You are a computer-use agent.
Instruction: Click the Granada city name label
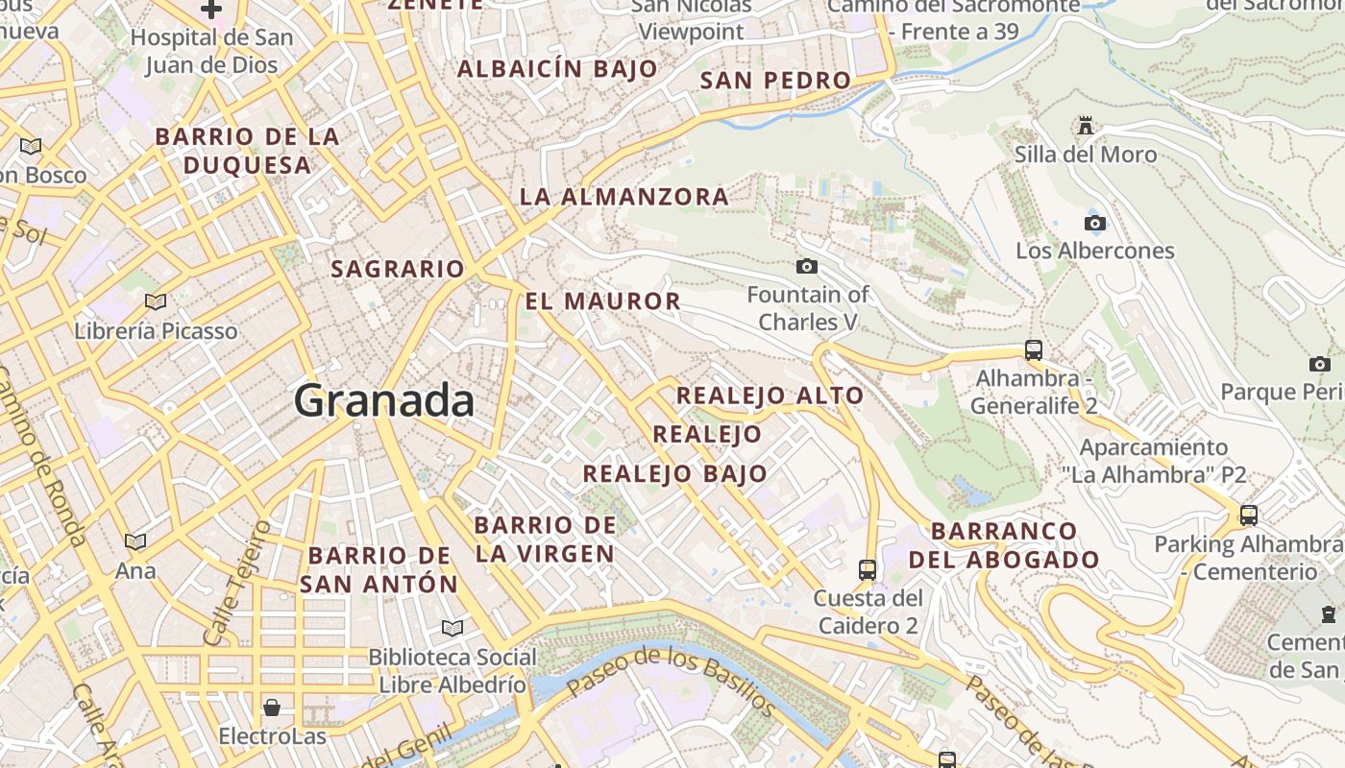pos(383,399)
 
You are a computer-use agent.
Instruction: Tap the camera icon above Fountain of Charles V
pos(807,266)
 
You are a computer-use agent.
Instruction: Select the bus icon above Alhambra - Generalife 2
pos(1034,350)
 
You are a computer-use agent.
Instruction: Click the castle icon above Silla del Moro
pos(1086,126)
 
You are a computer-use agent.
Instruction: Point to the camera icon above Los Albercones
pos(1094,224)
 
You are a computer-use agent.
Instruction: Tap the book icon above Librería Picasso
pos(156,302)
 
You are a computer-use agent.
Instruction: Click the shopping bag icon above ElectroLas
pos(272,708)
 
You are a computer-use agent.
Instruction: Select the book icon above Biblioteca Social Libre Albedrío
pos(452,628)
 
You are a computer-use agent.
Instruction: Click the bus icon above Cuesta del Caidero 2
pos(868,570)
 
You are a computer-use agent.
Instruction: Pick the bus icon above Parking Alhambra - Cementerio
pos(1249,516)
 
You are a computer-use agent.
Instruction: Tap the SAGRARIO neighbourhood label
pos(398,269)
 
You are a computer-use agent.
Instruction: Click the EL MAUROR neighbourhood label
pos(602,300)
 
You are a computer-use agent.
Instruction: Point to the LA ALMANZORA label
pos(624,197)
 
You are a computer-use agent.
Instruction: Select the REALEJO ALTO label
pos(770,396)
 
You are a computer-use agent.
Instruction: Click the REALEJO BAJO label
pos(674,473)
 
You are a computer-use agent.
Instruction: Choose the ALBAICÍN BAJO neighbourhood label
pos(557,69)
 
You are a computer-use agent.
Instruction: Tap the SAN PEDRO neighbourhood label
pos(775,81)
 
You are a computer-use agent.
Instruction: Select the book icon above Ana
pos(135,542)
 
